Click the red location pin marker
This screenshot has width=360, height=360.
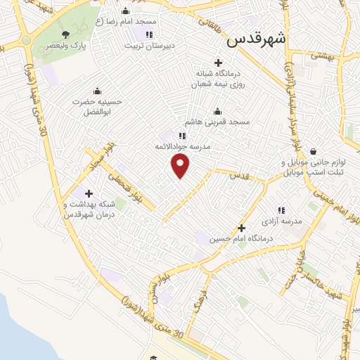181,166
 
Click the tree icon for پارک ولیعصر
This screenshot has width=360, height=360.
65,34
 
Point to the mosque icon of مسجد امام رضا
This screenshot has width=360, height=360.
125,11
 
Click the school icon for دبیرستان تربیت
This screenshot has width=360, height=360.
148,34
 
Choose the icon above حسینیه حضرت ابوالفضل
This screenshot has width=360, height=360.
97,91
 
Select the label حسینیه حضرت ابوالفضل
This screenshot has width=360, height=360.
98,107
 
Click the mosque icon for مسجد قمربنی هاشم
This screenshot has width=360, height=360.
217,111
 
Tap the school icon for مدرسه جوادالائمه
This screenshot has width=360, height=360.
182,136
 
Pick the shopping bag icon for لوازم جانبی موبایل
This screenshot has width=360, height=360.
313,151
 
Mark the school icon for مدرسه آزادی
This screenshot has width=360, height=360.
281,210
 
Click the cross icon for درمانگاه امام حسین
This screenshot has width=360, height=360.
241,228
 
